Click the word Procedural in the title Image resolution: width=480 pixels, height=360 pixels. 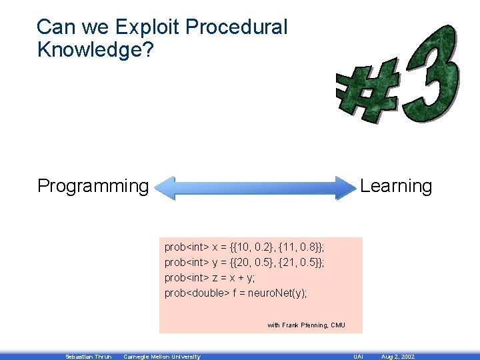pyautogui.click(x=237, y=27)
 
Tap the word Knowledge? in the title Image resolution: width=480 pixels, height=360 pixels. pyautogui.click(x=95, y=49)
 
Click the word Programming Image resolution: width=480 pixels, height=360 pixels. pyautogui.click(x=93, y=186)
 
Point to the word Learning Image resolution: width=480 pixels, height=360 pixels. pyautogui.click(x=396, y=186)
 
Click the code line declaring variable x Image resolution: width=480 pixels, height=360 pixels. pyautogui.click(x=244, y=247)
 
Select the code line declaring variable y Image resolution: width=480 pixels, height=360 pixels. pyautogui.click(x=244, y=263)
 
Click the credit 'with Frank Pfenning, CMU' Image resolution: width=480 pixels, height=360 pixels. pyautogui.click(x=306, y=325)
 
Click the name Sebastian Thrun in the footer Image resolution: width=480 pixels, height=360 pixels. pyautogui.click(x=88, y=357)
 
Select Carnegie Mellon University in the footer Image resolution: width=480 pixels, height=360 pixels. pyautogui.click(x=162, y=357)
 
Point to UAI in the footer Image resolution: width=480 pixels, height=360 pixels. pyautogui.click(x=358, y=357)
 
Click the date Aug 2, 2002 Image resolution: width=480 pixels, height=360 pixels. pyautogui.click(x=397, y=357)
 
